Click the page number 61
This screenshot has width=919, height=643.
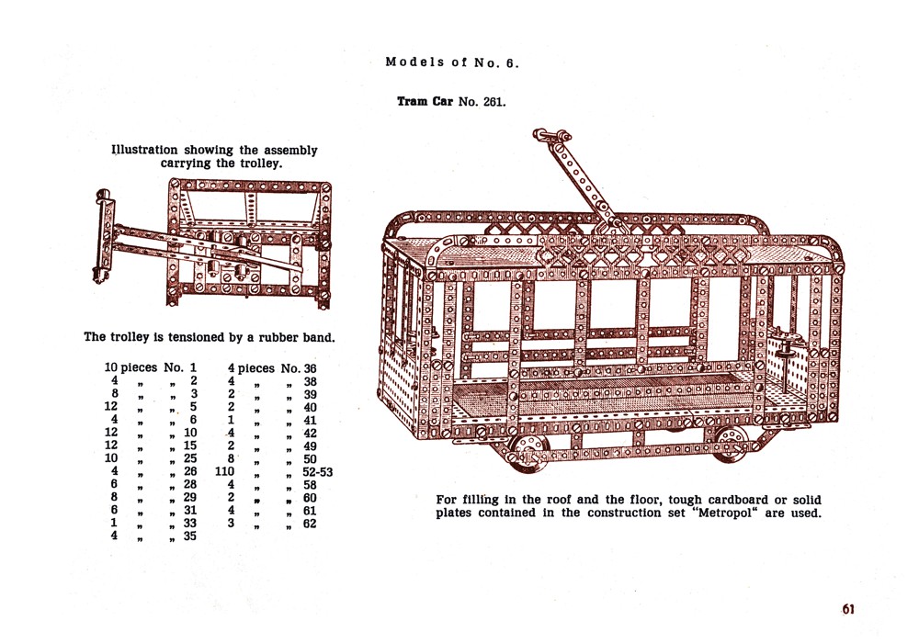click(847, 609)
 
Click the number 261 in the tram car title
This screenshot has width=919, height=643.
click(493, 101)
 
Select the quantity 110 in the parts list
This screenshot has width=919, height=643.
click(225, 471)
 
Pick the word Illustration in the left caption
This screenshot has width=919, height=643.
click(145, 150)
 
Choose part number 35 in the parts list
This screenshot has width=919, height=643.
click(190, 536)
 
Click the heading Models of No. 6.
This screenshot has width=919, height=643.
click(452, 62)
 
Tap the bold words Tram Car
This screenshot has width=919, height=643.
click(425, 101)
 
